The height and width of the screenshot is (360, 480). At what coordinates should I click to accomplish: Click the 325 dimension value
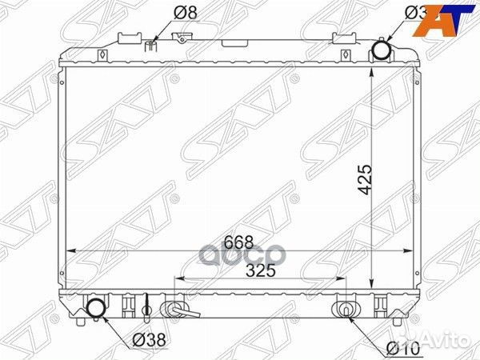click(x=261, y=270)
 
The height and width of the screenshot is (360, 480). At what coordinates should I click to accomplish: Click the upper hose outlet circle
click(x=382, y=51)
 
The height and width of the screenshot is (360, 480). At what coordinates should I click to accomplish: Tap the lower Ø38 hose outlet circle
click(x=97, y=308)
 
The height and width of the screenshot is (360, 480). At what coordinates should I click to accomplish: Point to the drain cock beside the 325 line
click(x=175, y=309)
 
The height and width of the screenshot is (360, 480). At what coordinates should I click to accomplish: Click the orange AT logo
click(x=443, y=18)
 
